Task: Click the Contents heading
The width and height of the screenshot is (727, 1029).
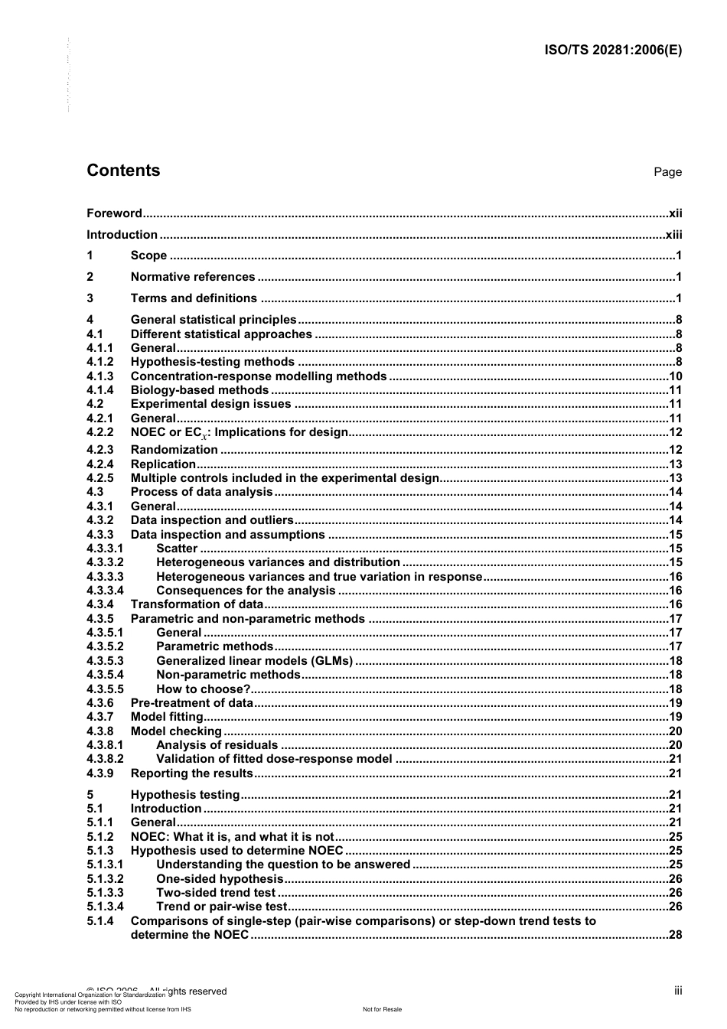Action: point(123,171)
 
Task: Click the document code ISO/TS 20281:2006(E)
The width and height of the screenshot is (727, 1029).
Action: point(612,50)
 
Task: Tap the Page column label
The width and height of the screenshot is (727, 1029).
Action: point(667,172)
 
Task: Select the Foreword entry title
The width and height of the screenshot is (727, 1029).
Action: point(114,213)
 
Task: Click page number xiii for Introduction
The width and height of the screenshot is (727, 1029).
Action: point(673,235)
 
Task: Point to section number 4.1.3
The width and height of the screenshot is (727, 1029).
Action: point(99,376)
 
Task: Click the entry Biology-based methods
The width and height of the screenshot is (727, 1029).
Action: point(199,390)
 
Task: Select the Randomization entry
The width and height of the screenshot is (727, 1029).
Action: point(174,450)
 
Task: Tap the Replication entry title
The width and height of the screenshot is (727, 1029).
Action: point(163,464)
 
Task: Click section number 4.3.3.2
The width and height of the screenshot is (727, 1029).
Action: point(105,562)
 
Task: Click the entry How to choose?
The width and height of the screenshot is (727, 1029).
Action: point(203,689)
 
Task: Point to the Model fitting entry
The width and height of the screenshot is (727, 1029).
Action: point(167,717)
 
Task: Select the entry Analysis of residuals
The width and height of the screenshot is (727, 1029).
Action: point(217,745)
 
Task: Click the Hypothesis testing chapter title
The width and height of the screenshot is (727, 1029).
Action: point(184,795)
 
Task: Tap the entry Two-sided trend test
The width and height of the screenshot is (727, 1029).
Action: point(215,893)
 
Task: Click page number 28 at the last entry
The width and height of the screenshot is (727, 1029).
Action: point(675,935)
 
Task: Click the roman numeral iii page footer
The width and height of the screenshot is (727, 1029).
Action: point(678,991)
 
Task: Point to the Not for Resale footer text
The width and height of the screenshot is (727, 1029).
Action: point(382,1009)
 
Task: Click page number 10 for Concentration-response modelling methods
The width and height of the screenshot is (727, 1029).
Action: point(675,376)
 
